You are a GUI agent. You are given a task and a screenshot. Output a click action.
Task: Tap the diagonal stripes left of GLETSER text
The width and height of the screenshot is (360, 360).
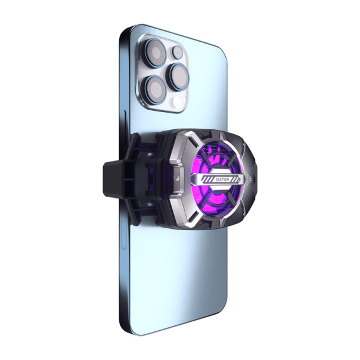click(197, 178)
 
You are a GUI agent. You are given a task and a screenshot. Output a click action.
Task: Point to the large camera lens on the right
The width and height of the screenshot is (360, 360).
click(179, 75)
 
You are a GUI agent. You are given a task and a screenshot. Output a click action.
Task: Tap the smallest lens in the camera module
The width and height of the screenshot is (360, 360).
click(177, 52)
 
